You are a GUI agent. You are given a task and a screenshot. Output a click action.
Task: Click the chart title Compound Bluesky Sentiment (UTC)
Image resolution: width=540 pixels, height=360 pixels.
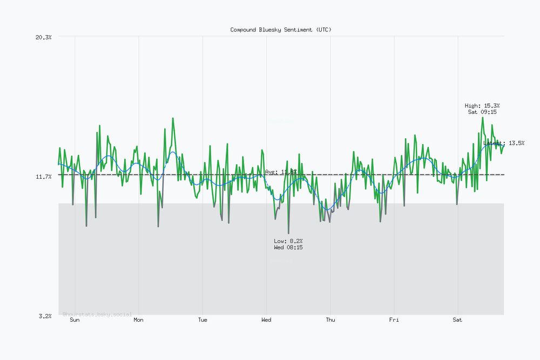click(281, 30)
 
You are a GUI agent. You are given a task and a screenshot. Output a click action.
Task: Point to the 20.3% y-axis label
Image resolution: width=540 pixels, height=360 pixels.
click(43, 37)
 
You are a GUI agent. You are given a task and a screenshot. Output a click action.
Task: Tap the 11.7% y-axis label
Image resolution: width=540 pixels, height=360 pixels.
click(43, 176)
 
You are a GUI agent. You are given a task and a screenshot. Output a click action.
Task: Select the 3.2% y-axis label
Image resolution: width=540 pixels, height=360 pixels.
click(45, 316)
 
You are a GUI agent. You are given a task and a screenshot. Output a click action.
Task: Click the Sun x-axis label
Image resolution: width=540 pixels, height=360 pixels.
click(75, 320)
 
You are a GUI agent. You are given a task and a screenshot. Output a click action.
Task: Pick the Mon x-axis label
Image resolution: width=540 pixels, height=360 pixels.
click(139, 320)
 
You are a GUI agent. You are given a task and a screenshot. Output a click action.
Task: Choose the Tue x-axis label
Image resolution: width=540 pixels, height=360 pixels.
click(202, 320)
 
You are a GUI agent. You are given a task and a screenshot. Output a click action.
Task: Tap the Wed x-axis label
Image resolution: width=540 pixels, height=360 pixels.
click(266, 320)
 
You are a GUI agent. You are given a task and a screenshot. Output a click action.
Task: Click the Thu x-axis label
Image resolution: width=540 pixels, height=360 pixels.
click(330, 320)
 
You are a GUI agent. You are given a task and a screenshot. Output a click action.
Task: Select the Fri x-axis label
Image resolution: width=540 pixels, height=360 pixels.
click(394, 320)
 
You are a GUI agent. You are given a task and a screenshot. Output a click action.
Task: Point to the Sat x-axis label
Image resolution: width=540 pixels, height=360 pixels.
click(457, 320)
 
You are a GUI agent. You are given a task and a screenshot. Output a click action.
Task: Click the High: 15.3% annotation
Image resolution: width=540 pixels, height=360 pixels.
click(482, 105)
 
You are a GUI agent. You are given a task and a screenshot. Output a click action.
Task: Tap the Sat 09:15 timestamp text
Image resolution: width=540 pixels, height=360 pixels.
click(482, 112)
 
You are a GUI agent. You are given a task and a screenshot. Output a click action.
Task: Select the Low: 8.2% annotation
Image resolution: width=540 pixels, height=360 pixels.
click(288, 241)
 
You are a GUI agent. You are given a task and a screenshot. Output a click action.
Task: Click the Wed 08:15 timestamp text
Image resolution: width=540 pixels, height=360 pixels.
click(288, 247)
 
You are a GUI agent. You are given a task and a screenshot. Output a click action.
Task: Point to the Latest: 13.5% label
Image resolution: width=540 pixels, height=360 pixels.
click(504, 143)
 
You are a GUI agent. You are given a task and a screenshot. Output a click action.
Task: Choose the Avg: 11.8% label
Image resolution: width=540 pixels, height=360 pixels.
click(281, 172)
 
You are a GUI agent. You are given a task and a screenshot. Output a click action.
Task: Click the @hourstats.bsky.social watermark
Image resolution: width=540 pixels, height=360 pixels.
click(97, 314)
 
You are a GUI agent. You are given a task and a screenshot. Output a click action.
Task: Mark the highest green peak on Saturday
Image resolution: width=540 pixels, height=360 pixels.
click(482, 118)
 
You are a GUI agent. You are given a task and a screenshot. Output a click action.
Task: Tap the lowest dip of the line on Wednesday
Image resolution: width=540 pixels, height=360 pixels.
click(288, 233)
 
